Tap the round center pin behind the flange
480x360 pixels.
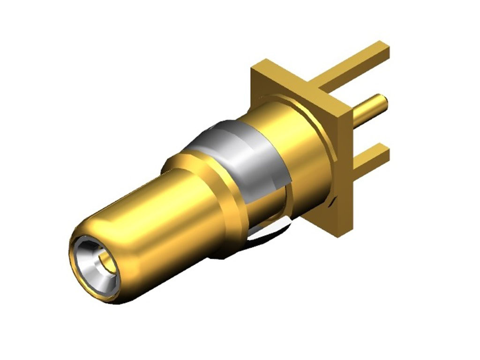coord(368,111)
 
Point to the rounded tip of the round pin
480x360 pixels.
coord(383,103)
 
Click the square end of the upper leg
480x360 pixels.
coord(383,50)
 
